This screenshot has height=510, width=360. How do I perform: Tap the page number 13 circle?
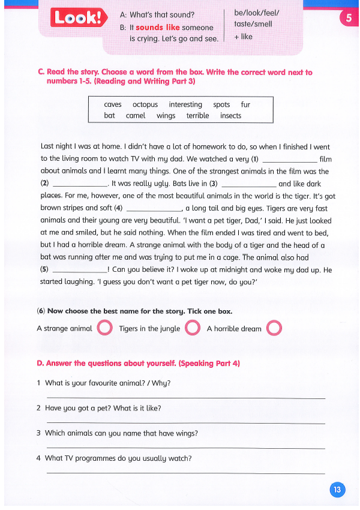point(337,490)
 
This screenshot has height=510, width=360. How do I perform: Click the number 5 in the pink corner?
point(349,18)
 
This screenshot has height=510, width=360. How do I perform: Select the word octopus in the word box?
point(145,104)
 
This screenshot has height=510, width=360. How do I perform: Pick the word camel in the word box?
point(136,116)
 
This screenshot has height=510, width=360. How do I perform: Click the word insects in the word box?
point(230,116)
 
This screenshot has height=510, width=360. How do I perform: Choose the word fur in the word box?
point(245,104)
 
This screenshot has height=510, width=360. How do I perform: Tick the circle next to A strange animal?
point(104,328)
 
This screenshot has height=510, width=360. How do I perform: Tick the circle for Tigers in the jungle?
point(192,328)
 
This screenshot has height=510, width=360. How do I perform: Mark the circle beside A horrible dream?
point(274,328)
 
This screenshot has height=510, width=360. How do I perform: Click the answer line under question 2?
point(186,423)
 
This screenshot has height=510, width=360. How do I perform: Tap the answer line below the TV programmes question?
point(186,473)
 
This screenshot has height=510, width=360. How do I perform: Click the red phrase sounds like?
point(158,28)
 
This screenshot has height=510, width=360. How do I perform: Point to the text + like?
point(243,37)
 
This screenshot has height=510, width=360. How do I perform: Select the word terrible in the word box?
point(197,116)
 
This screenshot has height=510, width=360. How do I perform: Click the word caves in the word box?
point(112,104)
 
